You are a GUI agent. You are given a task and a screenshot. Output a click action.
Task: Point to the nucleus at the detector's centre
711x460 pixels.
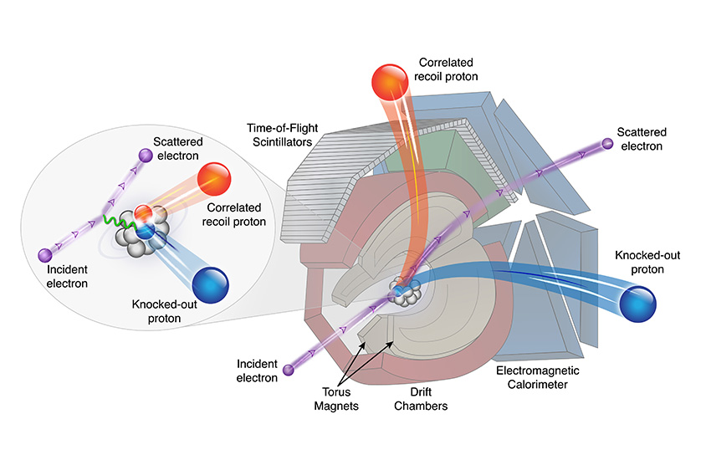click(x=405, y=293)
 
